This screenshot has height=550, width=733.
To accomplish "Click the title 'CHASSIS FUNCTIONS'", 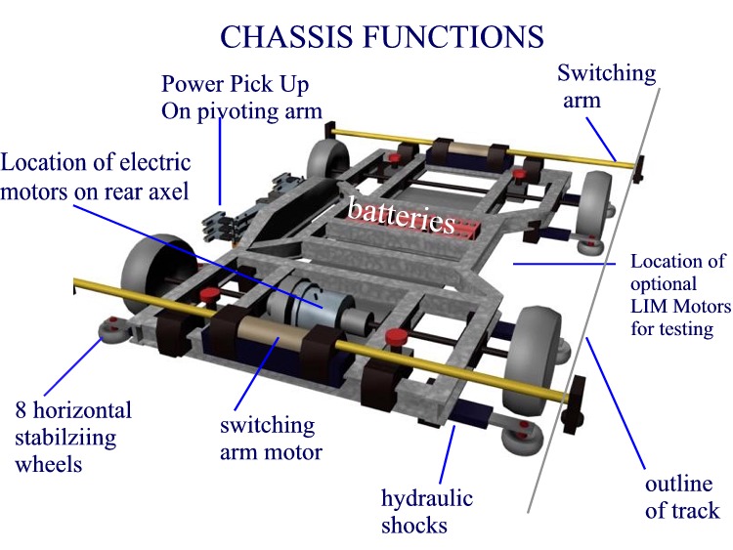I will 381,36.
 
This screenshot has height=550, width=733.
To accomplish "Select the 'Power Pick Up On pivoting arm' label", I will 240,97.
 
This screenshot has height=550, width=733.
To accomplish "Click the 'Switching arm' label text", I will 606,86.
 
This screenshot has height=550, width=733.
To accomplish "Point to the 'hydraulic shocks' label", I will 427,511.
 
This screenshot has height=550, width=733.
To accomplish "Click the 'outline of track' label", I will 681,497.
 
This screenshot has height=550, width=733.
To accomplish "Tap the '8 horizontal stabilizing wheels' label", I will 72,436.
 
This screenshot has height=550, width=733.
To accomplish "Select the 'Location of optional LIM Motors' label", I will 679,294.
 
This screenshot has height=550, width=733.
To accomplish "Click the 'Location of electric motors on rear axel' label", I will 96,176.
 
